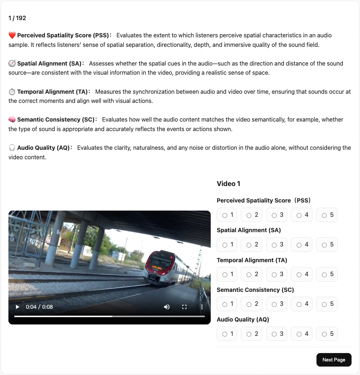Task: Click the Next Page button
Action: tap(334, 360)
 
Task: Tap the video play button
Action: tap(17, 307)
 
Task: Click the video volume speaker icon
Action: tap(167, 307)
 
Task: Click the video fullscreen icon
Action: tap(184, 307)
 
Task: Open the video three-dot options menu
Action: tap(202, 307)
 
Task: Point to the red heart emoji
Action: tap(12, 36)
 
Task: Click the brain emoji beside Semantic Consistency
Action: tap(12, 120)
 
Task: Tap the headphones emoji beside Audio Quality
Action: tap(12, 148)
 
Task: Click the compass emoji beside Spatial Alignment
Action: tap(12, 64)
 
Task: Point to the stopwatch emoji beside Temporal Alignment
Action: tap(12, 92)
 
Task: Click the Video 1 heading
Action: tap(228, 184)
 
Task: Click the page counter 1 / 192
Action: tap(17, 18)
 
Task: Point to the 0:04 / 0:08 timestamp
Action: tap(39, 307)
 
